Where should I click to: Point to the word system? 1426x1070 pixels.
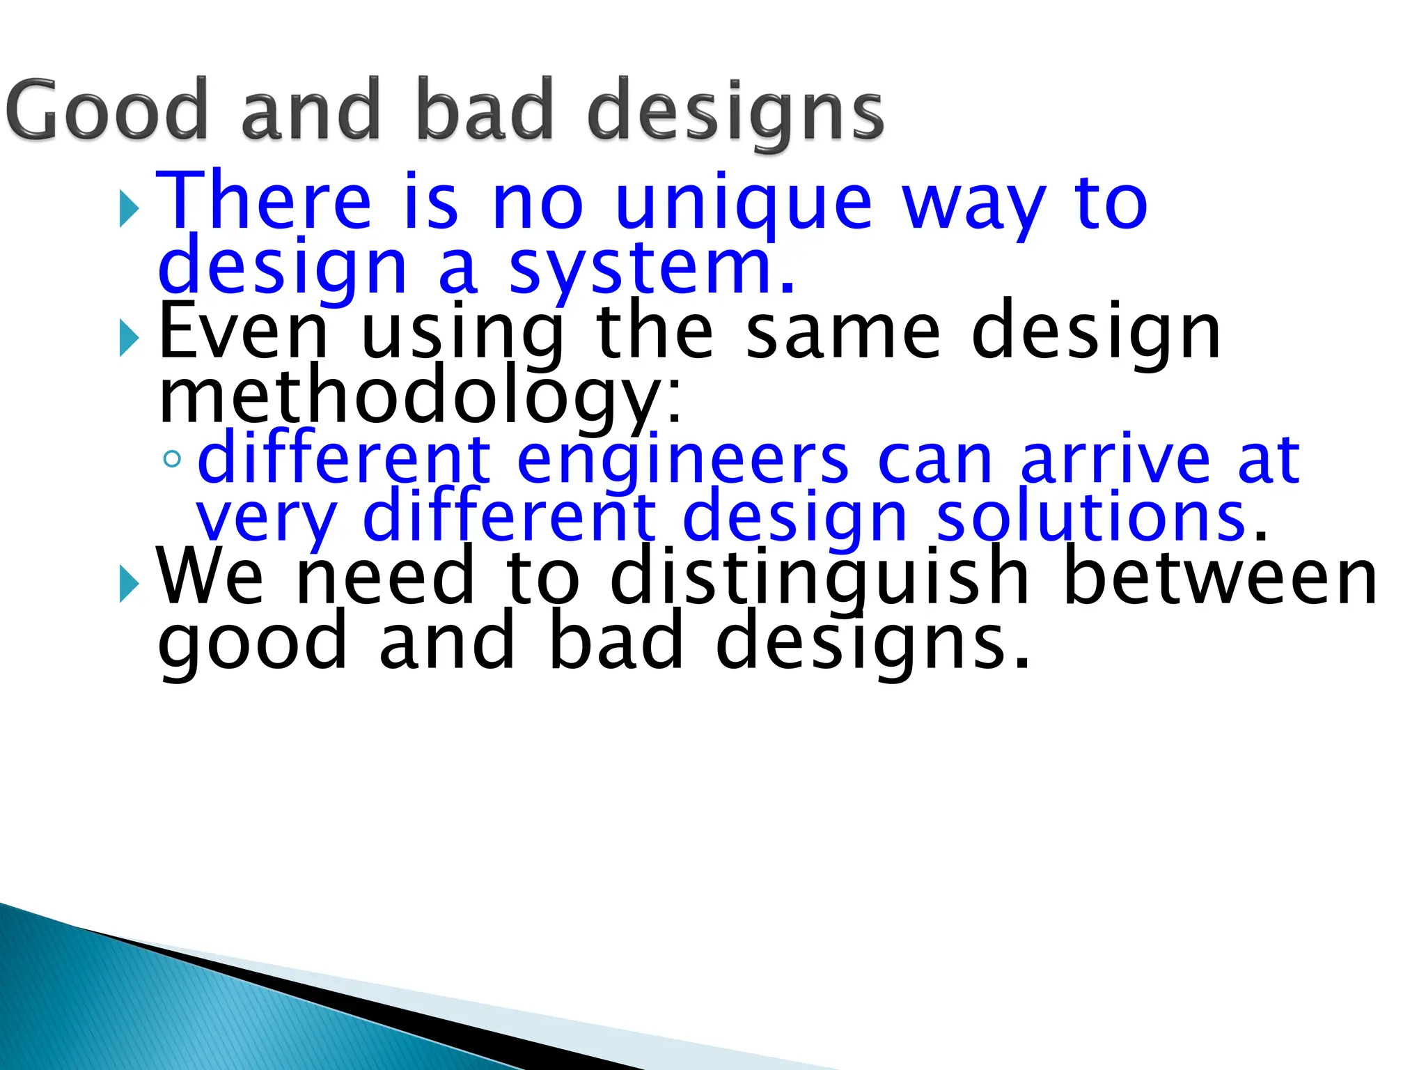pos(651,269)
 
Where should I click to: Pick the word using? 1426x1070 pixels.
pos(462,334)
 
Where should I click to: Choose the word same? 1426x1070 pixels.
pos(843,332)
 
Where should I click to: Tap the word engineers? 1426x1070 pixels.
pos(683,460)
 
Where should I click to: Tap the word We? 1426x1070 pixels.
pos(210,577)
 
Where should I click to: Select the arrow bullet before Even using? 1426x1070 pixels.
pos(130,338)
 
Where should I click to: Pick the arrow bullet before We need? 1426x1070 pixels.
pos(130,584)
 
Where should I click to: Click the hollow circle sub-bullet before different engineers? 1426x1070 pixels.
pos(172,459)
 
